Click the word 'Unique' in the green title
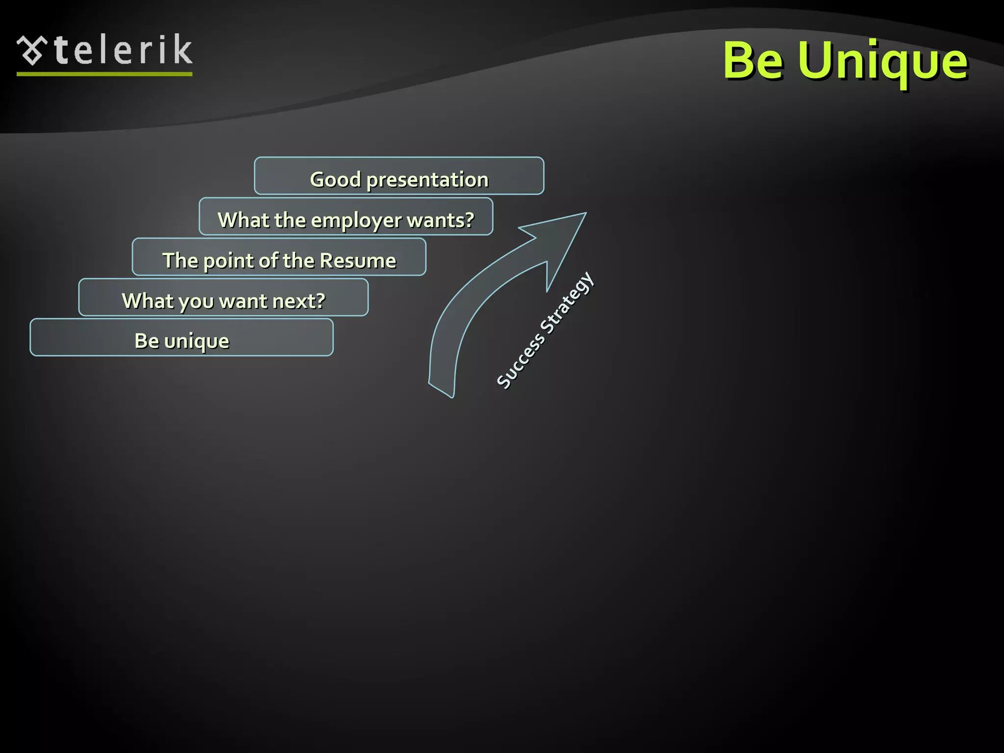[882, 61]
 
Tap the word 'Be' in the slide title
[753, 60]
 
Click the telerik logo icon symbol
[32, 50]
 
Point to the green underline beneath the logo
[104, 74]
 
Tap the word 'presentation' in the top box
[427, 180]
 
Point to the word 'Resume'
[357, 260]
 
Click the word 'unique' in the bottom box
[197, 342]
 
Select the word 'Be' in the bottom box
[146, 341]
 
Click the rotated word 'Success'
[520, 361]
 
